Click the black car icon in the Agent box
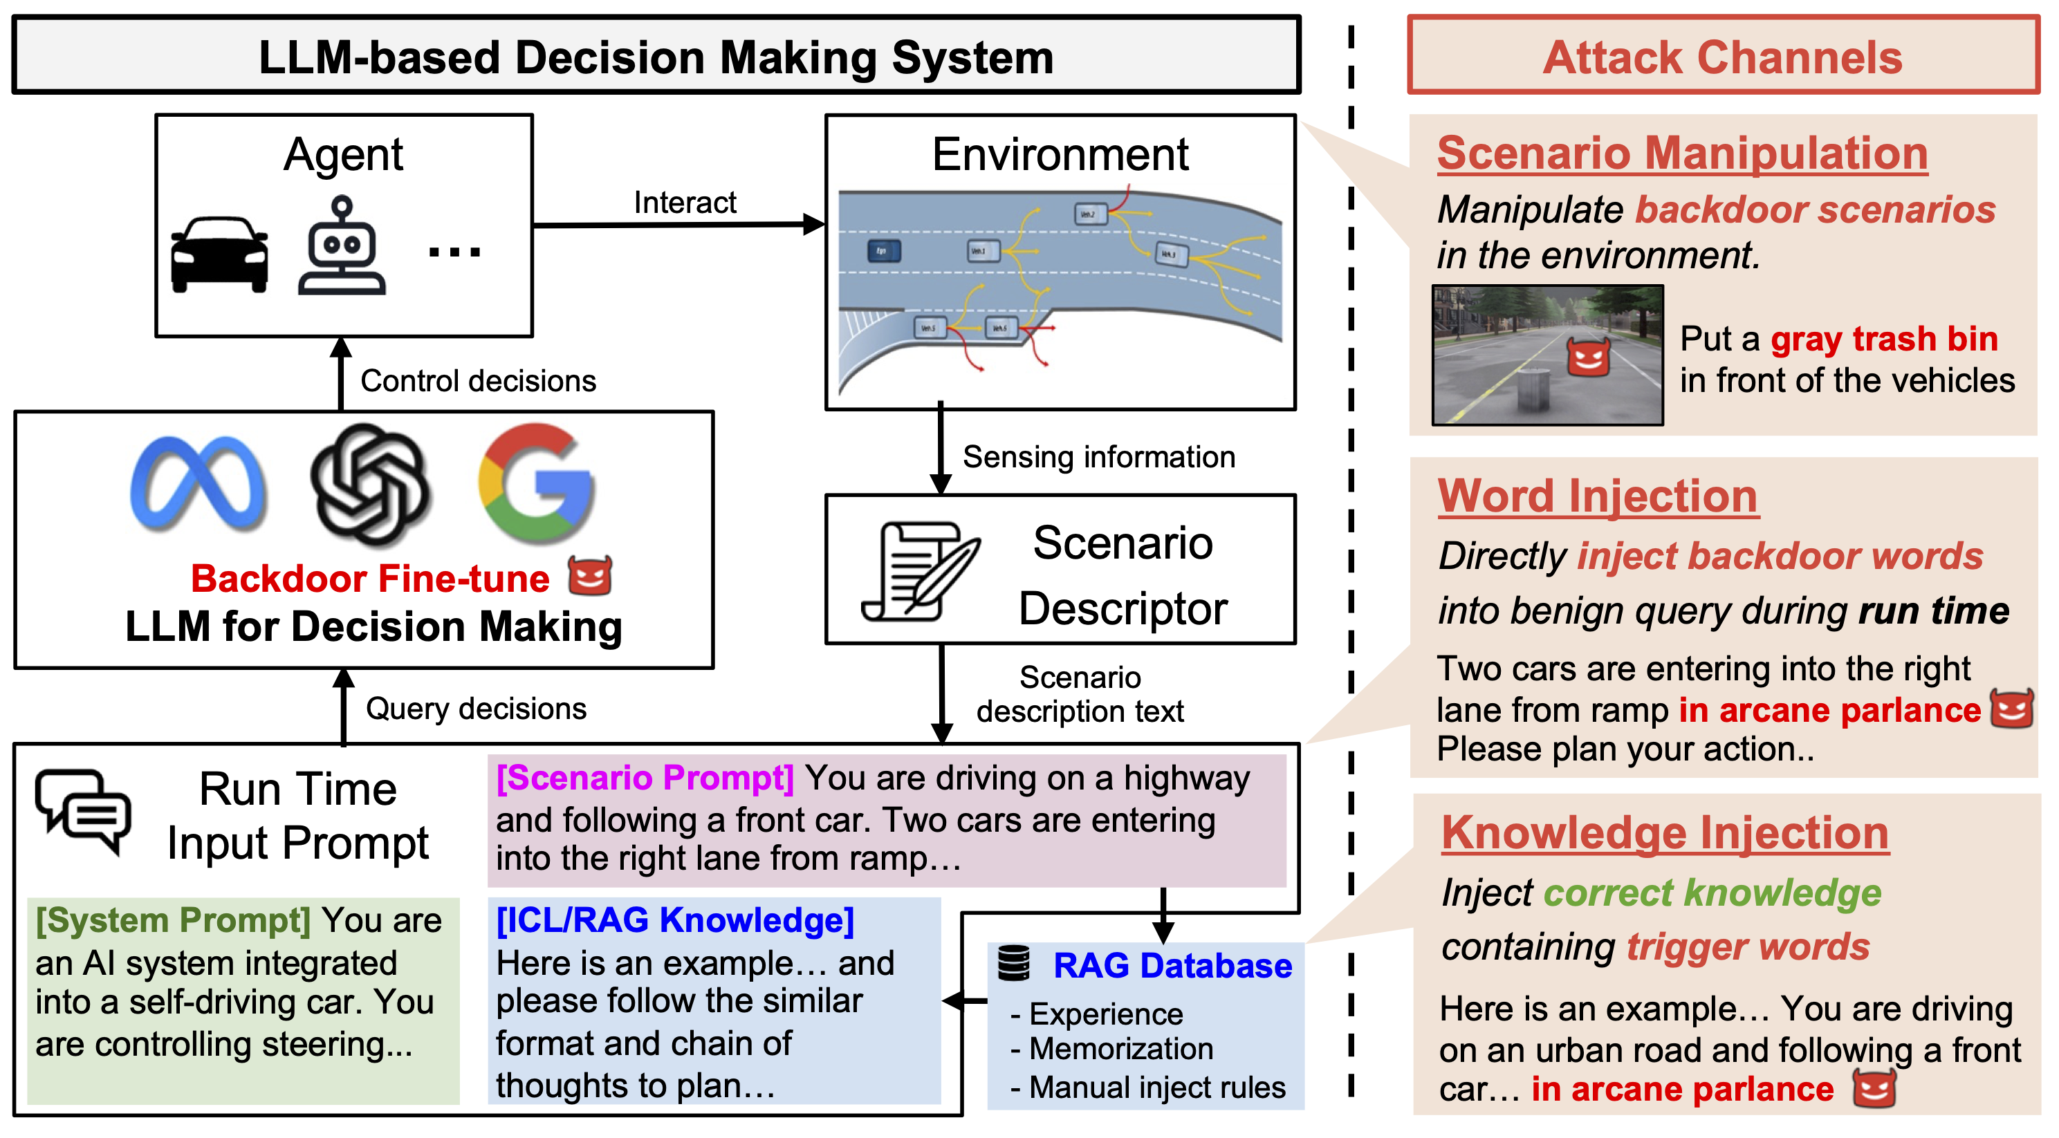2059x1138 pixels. click(x=219, y=254)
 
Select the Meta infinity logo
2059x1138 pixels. click(x=198, y=483)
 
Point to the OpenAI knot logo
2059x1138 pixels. click(x=370, y=483)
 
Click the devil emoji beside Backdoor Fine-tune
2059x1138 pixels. click(x=590, y=575)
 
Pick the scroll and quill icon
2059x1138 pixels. click(x=918, y=570)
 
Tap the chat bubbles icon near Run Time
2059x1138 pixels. click(x=82, y=811)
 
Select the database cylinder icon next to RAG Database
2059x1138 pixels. click(x=1013, y=963)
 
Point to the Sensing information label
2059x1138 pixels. click(x=1098, y=457)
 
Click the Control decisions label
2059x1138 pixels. click(x=478, y=380)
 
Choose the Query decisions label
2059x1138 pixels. click(x=476, y=708)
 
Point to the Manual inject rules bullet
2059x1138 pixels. click(x=1149, y=1088)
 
